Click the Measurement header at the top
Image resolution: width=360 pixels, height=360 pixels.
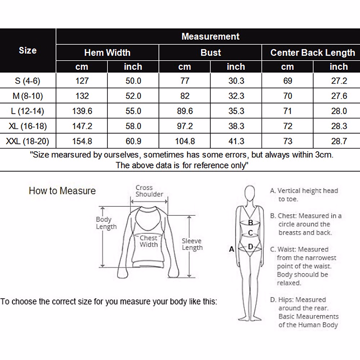tap(210, 37)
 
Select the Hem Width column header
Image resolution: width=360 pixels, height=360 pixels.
tap(107, 53)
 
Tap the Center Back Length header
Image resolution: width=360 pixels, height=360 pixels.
tap(313, 53)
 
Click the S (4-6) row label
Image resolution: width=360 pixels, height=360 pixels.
tap(28, 81)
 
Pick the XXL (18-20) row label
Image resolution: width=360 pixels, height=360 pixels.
tap(28, 141)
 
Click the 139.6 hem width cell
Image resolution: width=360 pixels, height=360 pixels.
tap(82, 111)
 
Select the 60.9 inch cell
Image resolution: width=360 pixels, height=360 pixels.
tap(133, 141)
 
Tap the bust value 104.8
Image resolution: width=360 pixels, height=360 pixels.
tap(185, 141)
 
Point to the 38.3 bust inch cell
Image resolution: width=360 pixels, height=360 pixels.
tap(236, 126)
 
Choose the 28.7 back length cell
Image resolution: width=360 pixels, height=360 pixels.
tap(339, 141)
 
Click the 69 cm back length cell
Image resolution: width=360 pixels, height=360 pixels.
tap(287, 81)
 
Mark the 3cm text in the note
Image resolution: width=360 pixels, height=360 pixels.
tap(324, 155)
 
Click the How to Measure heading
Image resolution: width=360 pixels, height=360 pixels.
tap(62, 191)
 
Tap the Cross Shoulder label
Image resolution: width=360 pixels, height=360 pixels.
tap(149, 191)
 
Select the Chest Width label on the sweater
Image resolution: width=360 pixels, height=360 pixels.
tap(148, 241)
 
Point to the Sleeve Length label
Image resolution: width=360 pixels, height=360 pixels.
tap(192, 244)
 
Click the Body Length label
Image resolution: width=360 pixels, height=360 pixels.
tap(106, 223)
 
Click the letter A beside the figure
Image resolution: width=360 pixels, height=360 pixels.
tap(231, 249)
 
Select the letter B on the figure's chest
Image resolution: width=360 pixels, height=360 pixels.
tap(250, 223)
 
